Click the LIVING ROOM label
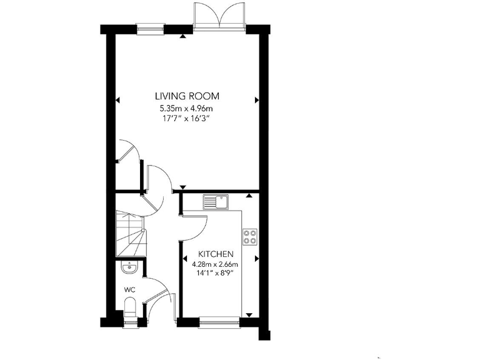click(187, 96)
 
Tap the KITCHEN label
click(216, 254)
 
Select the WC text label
click(130, 289)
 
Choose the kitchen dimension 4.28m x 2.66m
click(216, 264)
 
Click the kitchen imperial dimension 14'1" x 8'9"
click(216, 273)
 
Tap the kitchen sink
click(216, 202)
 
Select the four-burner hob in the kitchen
click(249, 236)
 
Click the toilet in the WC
click(131, 307)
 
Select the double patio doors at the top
click(219, 17)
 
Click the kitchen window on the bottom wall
click(219, 322)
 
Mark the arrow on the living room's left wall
click(117, 99)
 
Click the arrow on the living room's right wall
click(256, 99)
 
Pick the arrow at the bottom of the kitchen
click(249, 314)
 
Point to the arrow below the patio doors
click(182, 37)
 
